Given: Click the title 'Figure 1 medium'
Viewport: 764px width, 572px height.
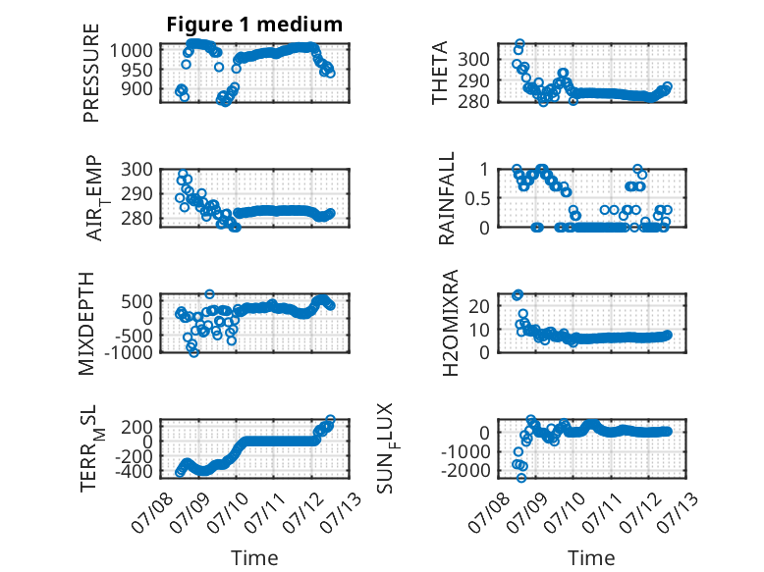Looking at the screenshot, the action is pos(254,25).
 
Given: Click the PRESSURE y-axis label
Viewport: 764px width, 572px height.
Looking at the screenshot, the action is pos(91,73).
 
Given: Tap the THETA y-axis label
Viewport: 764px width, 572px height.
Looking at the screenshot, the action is pos(440,73).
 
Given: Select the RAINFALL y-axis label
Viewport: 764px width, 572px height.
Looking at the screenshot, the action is pos(446,198).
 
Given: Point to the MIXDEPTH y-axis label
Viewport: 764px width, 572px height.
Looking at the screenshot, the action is pos(86,323).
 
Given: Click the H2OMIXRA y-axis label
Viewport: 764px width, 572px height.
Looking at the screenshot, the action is pos(450,323).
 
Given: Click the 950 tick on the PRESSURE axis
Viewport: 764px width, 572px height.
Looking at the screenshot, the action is pos(131,70).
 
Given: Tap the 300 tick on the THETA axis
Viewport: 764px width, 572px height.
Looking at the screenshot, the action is pos(473,60).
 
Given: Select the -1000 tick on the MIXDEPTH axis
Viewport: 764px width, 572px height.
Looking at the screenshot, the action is pos(128,352).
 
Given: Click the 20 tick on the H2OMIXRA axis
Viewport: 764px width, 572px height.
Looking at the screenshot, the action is pos(479,306).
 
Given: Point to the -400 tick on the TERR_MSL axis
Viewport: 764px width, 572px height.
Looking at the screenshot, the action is pos(134,471).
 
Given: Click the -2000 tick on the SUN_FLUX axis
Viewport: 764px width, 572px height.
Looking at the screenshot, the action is pos(465,471).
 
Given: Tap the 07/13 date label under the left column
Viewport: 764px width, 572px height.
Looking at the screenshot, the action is pos(345,512).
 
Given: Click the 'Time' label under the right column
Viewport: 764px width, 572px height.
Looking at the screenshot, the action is pos(591,558).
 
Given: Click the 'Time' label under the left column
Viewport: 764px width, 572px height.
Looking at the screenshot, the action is pos(254,558).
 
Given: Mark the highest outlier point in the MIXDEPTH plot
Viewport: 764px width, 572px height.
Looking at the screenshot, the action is pos(209,294).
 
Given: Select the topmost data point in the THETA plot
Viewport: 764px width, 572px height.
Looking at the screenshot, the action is pos(519,44).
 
